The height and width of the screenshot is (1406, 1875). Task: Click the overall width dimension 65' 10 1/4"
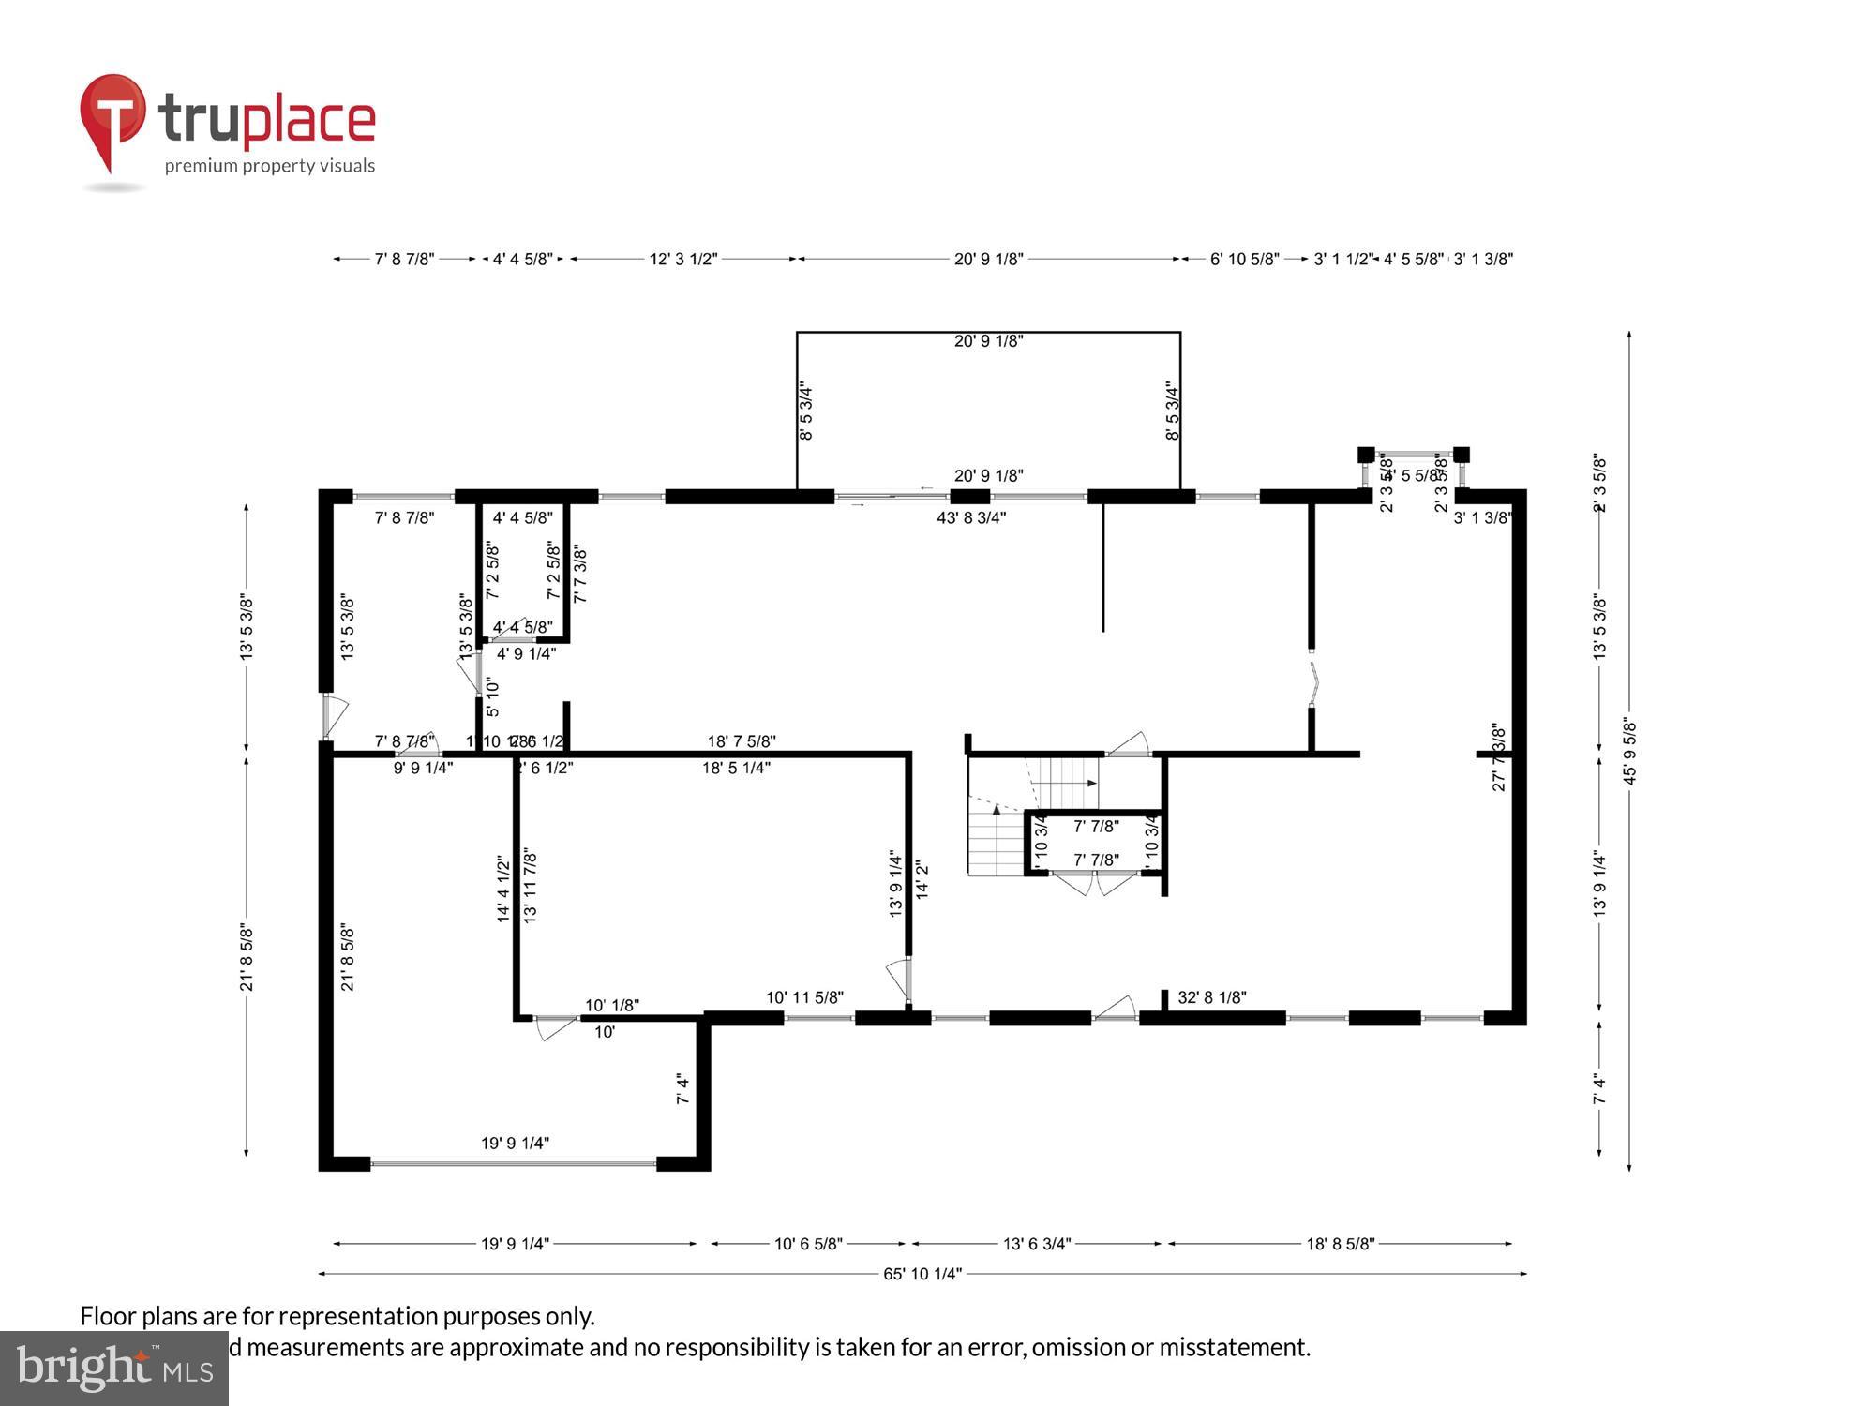coord(922,1274)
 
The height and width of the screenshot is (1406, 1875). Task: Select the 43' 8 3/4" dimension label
coord(971,517)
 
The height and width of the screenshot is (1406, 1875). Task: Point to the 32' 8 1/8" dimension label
coord(1211,997)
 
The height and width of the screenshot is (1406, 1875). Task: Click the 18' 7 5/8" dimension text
coord(741,741)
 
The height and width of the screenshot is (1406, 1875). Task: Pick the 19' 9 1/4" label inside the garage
coord(515,1143)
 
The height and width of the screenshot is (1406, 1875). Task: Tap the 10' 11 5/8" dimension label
coord(804,997)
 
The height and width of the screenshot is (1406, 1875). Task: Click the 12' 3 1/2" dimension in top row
coord(682,259)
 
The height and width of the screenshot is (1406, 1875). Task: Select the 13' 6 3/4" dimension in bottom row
coord(1036,1244)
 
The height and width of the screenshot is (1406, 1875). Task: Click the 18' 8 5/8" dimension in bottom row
coord(1340,1244)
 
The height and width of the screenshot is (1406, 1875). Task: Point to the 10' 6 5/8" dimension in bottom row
coord(807,1244)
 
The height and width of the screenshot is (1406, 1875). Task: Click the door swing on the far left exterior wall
coord(335,716)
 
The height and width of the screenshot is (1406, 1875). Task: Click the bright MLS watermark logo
coord(113,1369)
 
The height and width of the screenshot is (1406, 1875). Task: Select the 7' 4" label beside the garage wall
coord(682,1089)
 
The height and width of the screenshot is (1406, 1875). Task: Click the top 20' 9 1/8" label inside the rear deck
coord(988,341)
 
